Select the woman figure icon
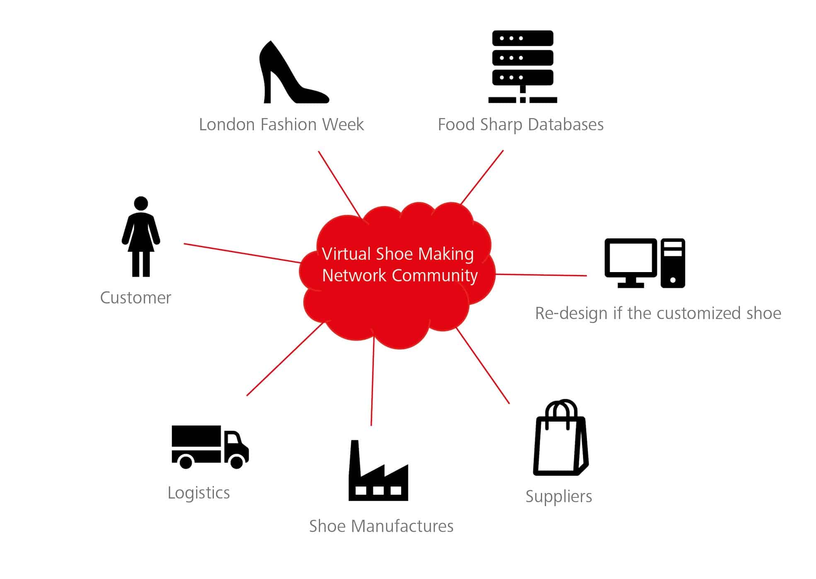[141, 236]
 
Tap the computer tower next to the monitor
[673, 263]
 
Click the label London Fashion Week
[281, 124]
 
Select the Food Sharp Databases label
[521, 124]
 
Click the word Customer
[136, 298]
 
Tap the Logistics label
[199, 493]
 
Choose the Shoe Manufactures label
[381, 526]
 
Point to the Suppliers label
[559, 496]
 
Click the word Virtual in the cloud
[346, 254]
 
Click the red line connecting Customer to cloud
[242, 253]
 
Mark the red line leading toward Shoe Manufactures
[372, 382]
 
